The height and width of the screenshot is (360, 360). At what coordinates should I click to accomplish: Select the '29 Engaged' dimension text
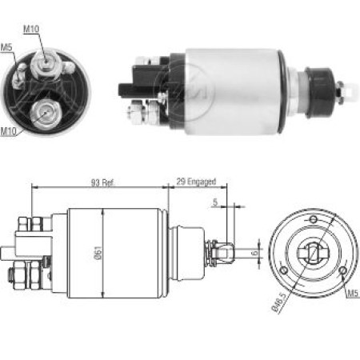tap(196, 183)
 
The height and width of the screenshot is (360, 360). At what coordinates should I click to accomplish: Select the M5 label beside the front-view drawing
tap(351, 294)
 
